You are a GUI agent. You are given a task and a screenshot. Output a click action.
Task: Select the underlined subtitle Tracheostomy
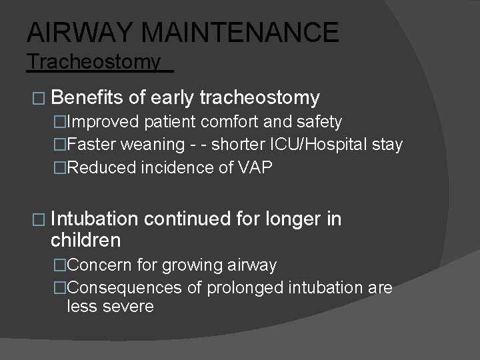(x=94, y=62)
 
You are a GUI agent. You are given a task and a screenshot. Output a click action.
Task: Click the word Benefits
(x=87, y=98)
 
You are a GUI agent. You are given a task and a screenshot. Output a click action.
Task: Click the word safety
(x=320, y=122)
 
